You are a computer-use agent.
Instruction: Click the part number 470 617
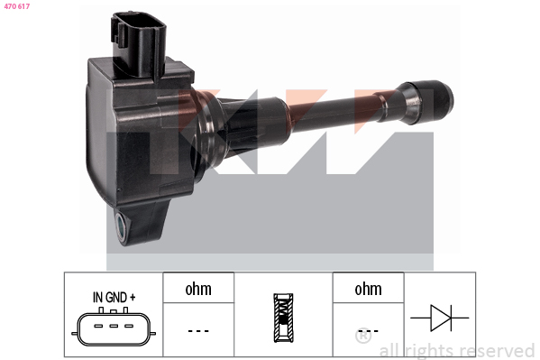click(17, 6)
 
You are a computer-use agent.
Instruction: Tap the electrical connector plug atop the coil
click(139, 44)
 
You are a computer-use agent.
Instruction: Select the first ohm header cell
click(198, 288)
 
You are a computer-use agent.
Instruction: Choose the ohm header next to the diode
click(368, 288)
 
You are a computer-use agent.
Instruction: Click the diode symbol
click(440, 318)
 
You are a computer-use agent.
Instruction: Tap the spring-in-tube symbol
click(283, 318)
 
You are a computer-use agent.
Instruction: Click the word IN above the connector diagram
click(97, 297)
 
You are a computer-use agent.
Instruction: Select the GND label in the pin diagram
click(116, 297)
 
